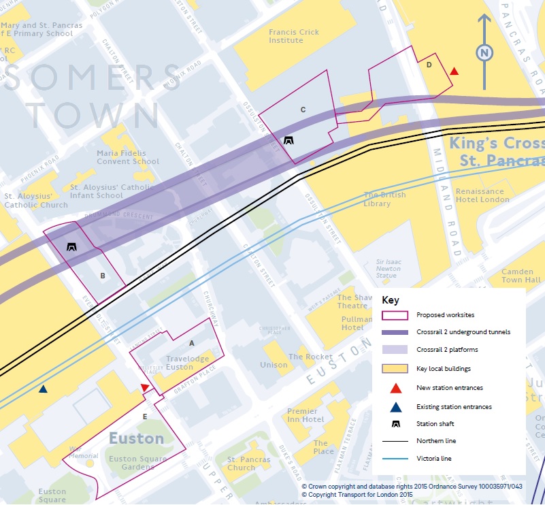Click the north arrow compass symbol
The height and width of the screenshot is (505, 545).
tap(484, 52)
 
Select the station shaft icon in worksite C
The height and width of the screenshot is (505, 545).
tap(289, 141)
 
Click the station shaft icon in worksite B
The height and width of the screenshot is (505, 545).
tap(71, 247)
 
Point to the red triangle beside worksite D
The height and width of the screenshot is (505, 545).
tap(455, 71)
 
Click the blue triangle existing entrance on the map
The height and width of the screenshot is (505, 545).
tap(43, 389)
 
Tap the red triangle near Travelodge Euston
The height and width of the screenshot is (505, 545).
tap(144, 387)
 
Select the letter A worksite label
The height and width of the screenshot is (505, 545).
tap(192, 343)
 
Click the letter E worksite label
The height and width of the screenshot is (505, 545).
tap(144, 416)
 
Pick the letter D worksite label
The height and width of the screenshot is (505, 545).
tap(429, 65)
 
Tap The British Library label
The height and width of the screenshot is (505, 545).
tap(384, 199)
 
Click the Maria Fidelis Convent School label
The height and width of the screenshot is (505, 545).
tap(128, 157)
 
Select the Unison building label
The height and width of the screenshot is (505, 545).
tap(274, 365)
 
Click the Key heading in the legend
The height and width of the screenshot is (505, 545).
tap(391, 300)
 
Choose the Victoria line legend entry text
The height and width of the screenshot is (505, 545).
tap(433, 459)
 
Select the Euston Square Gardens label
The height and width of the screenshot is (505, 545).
tap(137, 463)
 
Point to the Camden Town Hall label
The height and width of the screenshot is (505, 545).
tap(522, 276)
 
